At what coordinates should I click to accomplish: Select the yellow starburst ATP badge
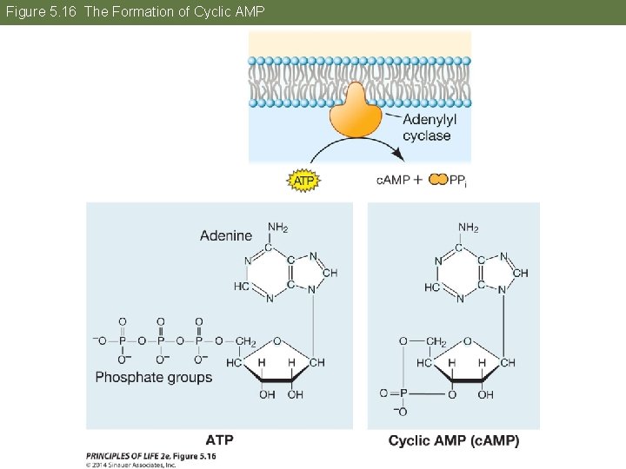click(x=303, y=180)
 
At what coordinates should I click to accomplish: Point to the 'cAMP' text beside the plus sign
click(x=393, y=180)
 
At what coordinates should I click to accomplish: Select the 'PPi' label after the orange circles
click(x=459, y=181)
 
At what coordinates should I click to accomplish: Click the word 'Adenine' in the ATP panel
click(x=225, y=235)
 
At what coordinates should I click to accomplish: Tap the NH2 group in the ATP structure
click(x=277, y=228)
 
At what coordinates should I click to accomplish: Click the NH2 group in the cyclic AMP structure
click(x=468, y=228)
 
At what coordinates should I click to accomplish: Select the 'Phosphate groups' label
click(x=153, y=377)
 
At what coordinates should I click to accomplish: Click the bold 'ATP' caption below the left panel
click(x=219, y=440)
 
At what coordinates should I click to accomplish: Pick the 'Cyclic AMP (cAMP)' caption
click(x=453, y=440)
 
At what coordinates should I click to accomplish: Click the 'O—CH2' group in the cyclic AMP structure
click(x=423, y=341)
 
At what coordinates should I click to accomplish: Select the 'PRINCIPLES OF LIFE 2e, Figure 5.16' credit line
click(x=150, y=456)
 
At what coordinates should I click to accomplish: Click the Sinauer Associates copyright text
click(x=130, y=465)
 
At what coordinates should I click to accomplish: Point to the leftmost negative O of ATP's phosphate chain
click(x=99, y=340)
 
